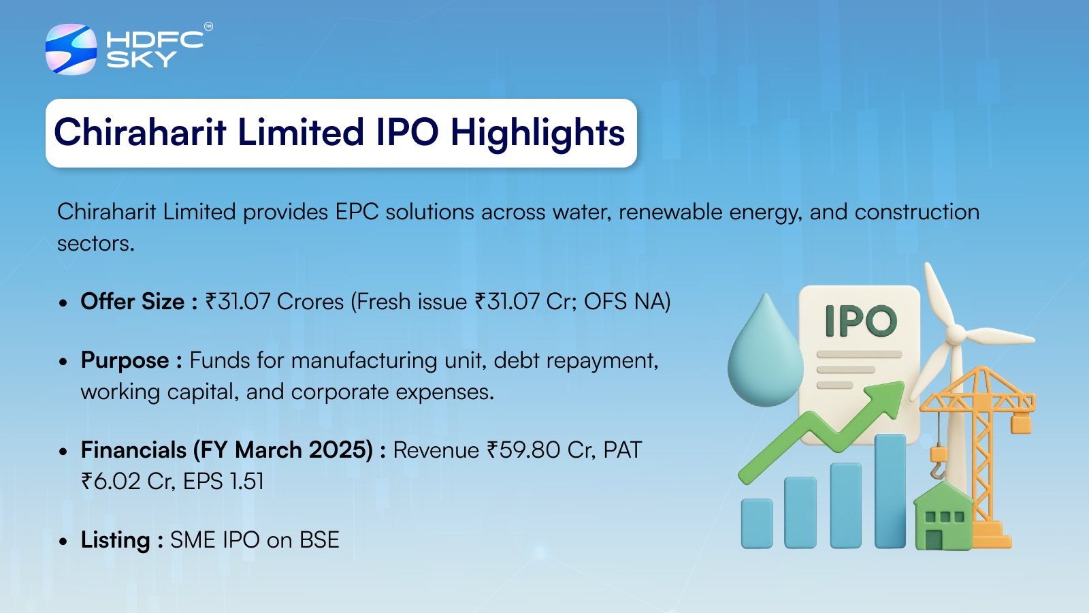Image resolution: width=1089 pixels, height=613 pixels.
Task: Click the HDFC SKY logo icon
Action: tap(71, 49)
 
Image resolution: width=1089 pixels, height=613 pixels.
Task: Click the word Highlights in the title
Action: tap(537, 133)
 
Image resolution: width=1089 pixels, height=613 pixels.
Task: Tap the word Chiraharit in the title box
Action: tap(140, 132)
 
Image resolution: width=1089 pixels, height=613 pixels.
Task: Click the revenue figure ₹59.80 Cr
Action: tap(541, 450)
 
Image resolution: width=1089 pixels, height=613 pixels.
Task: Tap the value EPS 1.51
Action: tap(223, 482)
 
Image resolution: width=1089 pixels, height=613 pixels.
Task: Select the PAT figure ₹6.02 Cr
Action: tap(127, 482)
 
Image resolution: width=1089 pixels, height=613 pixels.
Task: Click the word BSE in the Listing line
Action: tap(319, 540)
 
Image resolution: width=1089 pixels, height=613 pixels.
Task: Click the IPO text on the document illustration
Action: tap(861, 321)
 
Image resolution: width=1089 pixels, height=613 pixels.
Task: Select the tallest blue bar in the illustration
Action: tap(890, 491)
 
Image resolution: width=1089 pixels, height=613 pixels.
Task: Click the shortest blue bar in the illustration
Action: tap(757, 524)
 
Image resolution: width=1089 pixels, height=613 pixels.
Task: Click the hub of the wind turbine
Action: tap(956, 334)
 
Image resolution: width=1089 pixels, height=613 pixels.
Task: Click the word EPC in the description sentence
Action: tap(357, 212)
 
